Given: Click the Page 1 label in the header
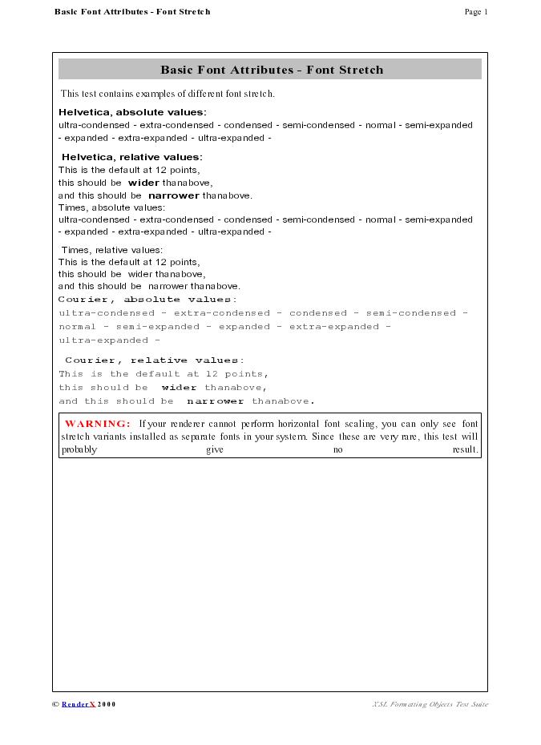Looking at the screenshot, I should tap(475, 12).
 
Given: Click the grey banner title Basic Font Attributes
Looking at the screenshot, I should tap(272, 70).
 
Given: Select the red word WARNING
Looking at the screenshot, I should tap(97, 424).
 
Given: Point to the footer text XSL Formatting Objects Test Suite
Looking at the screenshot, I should tap(430, 704).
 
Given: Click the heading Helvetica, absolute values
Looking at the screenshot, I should tap(132, 112).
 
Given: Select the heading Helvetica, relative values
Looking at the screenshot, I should tap(132, 157).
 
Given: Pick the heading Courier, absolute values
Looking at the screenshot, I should tap(147, 300).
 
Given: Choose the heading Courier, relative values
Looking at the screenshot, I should tap(155, 360).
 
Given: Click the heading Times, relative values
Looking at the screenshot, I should tap(112, 250).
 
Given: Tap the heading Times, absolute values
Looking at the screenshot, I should tap(111, 207).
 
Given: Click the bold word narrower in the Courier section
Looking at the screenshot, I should tap(215, 401).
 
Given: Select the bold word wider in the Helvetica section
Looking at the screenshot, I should tap(143, 183).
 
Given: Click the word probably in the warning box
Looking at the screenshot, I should tap(79, 450).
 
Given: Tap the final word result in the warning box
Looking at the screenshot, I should tap(465, 450).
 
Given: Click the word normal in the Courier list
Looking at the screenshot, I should tap(77, 327).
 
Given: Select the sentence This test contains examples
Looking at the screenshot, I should tap(168, 94).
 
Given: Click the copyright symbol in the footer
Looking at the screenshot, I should tap(55, 704).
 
